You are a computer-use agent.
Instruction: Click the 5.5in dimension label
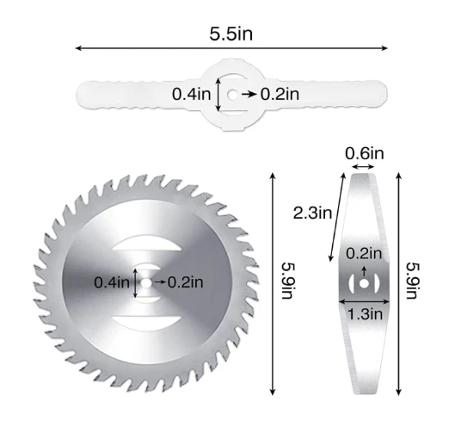[231, 34]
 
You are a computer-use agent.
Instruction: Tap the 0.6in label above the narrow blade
[365, 153]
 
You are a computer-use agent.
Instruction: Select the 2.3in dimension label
[312, 213]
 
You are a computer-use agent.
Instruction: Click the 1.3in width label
[365, 314]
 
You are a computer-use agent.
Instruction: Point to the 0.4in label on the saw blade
[112, 282]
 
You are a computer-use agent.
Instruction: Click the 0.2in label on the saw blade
[186, 282]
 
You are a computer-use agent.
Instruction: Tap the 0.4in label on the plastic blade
[191, 94]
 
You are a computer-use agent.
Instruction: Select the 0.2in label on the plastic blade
[280, 94]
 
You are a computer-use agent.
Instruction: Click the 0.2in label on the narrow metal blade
[364, 254]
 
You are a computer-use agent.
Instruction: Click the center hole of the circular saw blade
[146, 282]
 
